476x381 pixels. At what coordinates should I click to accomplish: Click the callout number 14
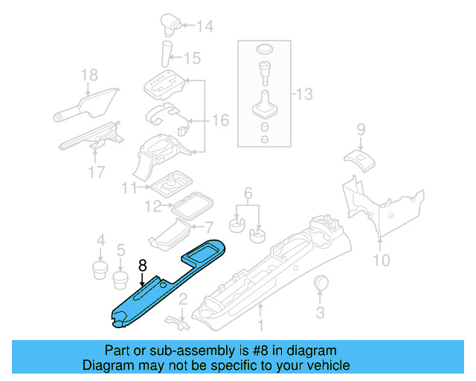[205, 28]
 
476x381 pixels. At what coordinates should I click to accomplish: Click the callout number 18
[89, 74]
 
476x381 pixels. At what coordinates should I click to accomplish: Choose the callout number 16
[221, 119]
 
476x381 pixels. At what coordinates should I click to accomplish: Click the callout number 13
[305, 95]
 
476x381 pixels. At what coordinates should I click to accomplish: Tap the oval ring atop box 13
[264, 50]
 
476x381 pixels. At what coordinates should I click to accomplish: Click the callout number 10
[381, 260]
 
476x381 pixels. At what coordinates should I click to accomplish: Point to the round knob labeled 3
[322, 283]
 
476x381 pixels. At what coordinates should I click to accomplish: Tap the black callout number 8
[142, 264]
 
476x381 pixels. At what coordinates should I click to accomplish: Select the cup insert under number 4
[100, 267]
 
